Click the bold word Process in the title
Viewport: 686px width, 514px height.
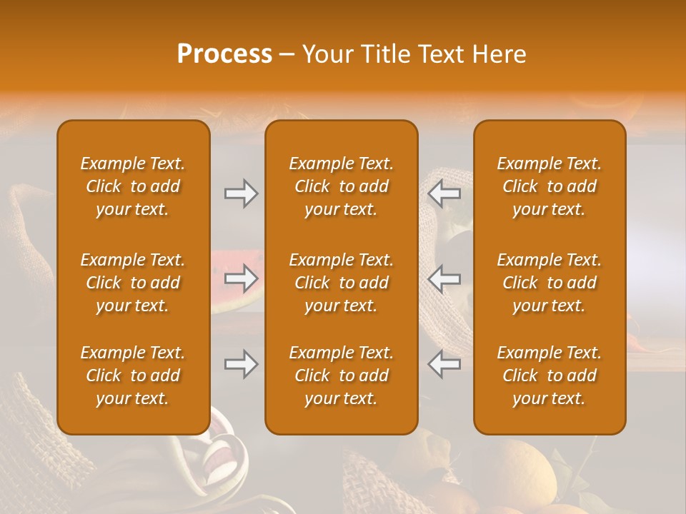click(x=224, y=54)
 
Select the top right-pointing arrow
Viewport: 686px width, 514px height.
click(x=241, y=193)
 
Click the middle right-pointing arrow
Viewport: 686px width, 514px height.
click(x=241, y=278)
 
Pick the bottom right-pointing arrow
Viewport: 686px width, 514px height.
click(x=241, y=365)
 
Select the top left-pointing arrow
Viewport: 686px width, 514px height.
click(x=444, y=193)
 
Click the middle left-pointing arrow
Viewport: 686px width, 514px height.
click(x=444, y=278)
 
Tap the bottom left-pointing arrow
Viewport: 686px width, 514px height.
click(x=444, y=365)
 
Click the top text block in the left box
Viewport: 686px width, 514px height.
click(x=133, y=186)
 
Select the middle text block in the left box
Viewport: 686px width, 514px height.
click(x=133, y=283)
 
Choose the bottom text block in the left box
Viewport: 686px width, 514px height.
click(x=133, y=376)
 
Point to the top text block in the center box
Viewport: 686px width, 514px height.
click(x=342, y=186)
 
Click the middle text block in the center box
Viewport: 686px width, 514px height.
click(x=342, y=283)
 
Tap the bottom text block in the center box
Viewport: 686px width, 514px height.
click(x=342, y=376)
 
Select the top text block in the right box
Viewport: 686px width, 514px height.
click(x=550, y=186)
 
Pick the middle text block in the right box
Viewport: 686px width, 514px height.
click(x=550, y=283)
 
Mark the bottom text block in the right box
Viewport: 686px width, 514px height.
click(x=550, y=376)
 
